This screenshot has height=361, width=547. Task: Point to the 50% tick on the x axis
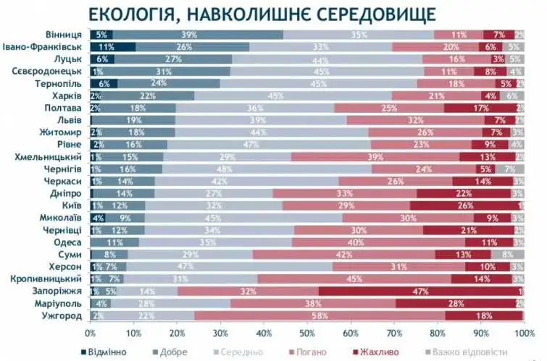pos(306,334)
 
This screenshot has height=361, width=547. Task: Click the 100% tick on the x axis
pos(523,334)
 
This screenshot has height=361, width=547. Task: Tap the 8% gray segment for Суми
pos(507,255)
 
